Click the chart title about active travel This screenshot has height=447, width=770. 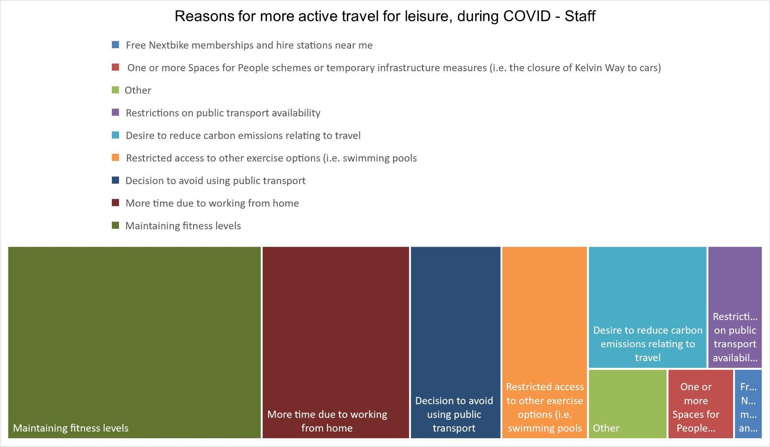[x=385, y=16]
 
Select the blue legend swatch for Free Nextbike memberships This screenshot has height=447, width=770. [x=116, y=45]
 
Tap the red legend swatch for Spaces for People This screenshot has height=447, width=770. [x=116, y=67]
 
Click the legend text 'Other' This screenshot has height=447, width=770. [x=138, y=90]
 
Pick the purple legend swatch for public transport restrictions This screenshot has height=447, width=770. [x=116, y=113]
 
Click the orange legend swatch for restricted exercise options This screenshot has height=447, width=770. [x=116, y=158]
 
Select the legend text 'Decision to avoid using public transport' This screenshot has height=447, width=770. [x=215, y=181]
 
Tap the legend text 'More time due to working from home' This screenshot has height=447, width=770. [x=212, y=204]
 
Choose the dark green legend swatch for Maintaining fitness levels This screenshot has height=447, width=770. [x=116, y=226]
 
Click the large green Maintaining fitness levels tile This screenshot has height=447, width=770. [x=134, y=342]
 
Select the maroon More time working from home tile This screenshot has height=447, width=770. [x=336, y=342]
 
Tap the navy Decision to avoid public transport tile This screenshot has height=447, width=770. [x=455, y=342]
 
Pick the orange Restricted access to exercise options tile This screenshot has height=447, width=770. [x=545, y=342]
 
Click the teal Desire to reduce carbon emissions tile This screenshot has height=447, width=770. [x=648, y=307]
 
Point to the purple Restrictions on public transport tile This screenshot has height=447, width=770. [x=735, y=307]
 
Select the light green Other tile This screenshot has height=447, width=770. [x=628, y=404]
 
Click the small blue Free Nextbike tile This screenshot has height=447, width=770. [x=748, y=404]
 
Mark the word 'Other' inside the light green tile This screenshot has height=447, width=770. [x=606, y=428]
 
